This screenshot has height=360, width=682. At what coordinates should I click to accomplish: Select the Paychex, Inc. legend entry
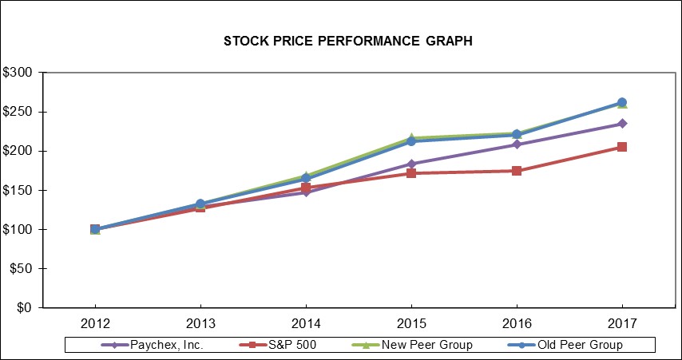pos(152,345)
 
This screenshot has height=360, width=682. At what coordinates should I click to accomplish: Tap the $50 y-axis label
pos(21,268)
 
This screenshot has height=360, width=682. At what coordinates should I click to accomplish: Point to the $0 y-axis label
pos(24,308)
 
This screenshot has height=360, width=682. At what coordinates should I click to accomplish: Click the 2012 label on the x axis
pos(95,323)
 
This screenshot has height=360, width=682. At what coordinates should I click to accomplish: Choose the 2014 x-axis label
pos(306,323)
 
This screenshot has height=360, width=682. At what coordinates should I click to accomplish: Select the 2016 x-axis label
pos(517,323)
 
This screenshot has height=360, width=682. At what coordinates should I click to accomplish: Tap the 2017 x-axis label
pos(621,323)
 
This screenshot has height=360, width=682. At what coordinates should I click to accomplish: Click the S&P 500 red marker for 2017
pos(621,147)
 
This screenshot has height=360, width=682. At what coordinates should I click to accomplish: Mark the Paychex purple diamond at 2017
pos(621,124)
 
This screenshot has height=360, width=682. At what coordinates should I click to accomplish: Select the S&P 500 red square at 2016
pos(517,171)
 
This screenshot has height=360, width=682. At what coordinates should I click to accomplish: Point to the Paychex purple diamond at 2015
pos(411,164)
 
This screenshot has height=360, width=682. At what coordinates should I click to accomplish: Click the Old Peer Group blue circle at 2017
pos(621,102)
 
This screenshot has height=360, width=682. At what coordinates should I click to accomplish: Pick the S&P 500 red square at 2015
pos(411,173)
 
